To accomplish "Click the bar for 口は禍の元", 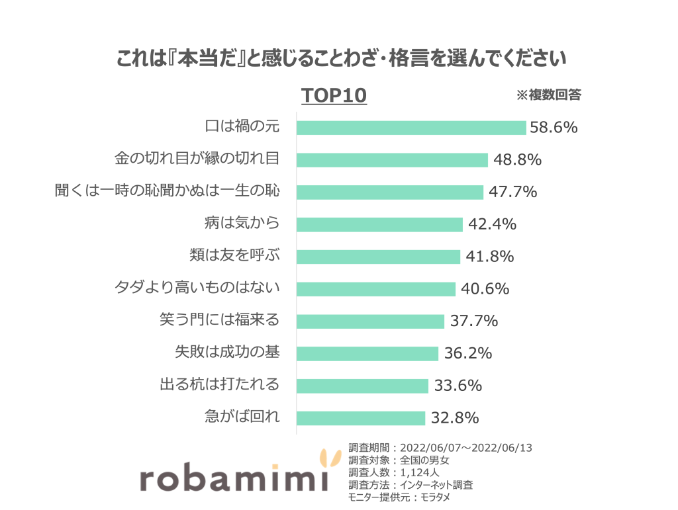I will (x=411, y=128).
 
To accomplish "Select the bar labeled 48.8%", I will (x=392, y=160).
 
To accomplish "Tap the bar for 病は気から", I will (x=379, y=224).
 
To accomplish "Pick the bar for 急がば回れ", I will (x=361, y=418).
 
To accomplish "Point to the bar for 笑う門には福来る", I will (x=370, y=321).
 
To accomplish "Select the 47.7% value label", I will (x=512, y=192).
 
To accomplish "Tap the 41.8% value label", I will (x=489, y=257).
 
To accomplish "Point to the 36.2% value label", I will (x=467, y=354).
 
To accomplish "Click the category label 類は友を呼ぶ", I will (x=234, y=256).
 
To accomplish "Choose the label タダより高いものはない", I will (x=197, y=288).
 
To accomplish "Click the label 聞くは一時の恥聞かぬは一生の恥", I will (x=167, y=192).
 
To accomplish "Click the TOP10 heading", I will (x=334, y=96).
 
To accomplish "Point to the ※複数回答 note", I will (x=548, y=95).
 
